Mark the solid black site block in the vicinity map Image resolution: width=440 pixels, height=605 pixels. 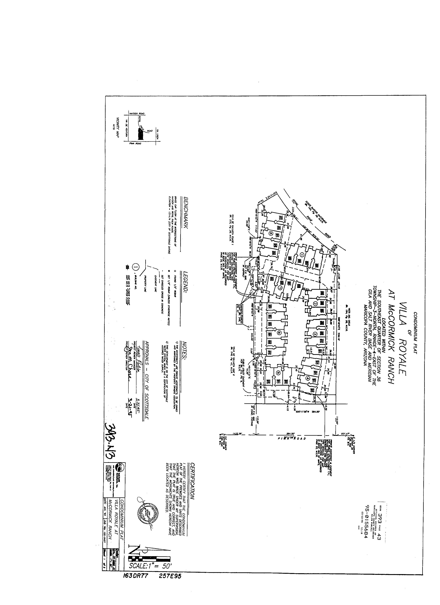140,134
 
